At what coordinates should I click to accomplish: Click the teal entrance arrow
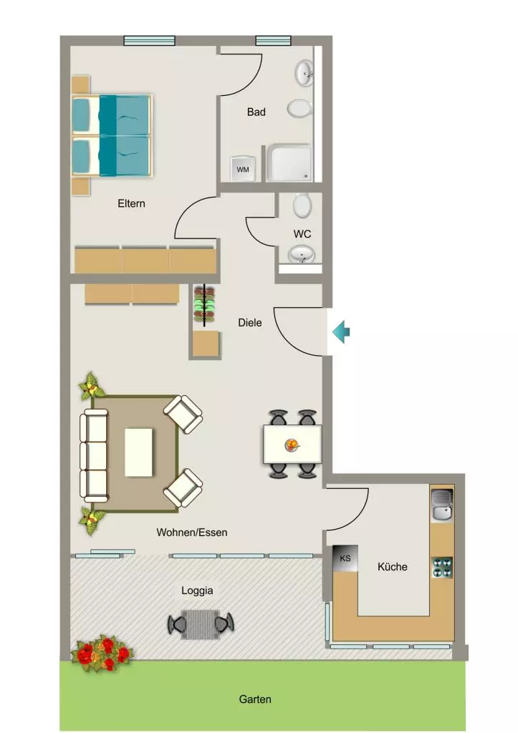click(x=342, y=332)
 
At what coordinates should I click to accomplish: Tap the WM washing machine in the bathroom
click(x=243, y=169)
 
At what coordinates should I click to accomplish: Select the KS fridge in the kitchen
click(x=345, y=558)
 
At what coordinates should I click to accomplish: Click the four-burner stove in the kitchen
click(x=442, y=568)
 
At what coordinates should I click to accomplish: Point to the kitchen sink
click(x=442, y=505)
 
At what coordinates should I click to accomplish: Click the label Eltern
click(x=132, y=203)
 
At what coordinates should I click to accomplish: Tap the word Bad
click(x=256, y=112)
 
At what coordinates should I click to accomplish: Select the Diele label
click(x=250, y=323)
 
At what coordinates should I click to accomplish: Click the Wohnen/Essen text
click(x=192, y=533)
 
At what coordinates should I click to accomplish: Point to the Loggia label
click(x=197, y=591)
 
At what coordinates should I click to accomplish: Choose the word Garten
click(x=255, y=699)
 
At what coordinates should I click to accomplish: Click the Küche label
click(x=392, y=567)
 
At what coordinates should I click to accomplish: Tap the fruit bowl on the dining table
click(x=292, y=445)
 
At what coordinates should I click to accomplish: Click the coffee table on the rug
click(x=139, y=452)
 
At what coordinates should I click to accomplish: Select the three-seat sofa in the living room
click(x=94, y=453)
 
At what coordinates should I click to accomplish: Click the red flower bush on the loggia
click(x=102, y=653)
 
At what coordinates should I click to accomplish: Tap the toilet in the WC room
click(x=302, y=205)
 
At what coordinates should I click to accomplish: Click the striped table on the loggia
click(x=201, y=624)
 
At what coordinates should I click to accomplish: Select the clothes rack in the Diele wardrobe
click(x=204, y=305)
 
